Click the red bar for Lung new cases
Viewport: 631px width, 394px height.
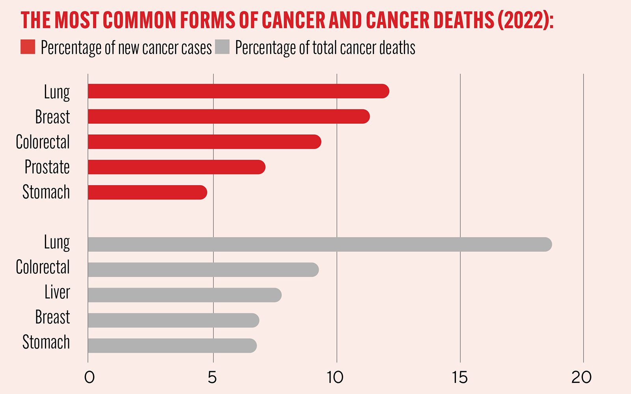pyautogui.click(x=238, y=91)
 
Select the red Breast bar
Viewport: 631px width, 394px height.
pyautogui.click(x=229, y=117)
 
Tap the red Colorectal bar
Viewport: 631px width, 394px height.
pyautogui.click(x=204, y=142)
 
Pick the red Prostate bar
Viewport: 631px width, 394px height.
pyautogui.click(x=176, y=167)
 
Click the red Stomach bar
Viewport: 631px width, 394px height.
pyautogui.click(x=147, y=192)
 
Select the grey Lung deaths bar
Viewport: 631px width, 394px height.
pyautogui.click(x=319, y=244)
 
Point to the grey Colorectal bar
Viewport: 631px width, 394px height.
pyautogui.click(x=203, y=269)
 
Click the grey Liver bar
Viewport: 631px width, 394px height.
pyautogui.click(x=185, y=295)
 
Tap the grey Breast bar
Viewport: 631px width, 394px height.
pyautogui.click(x=174, y=320)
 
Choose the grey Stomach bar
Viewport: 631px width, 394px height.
pyautogui.click(x=172, y=346)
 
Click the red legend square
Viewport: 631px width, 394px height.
pyautogui.click(x=28, y=47)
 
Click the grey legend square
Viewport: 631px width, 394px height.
pyautogui.click(x=222, y=47)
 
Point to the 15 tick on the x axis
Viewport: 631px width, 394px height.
pyautogui.click(x=460, y=377)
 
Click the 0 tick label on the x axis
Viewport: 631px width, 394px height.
pyautogui.click(x=90, y=377)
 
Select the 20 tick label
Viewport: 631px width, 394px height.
pyautogui.click(x=582, y=377)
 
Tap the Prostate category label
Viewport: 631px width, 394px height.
pyautogui.click(x=47, y=167)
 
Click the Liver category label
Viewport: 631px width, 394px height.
pyautogui.click(x=57, y=292)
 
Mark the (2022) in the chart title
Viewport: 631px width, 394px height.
pyautogui.click(x=525, y=20)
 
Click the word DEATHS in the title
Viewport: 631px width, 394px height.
pyautogui.click(x=463, y=20)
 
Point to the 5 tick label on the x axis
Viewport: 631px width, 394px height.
pyautogui.click(x=212, y=377)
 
